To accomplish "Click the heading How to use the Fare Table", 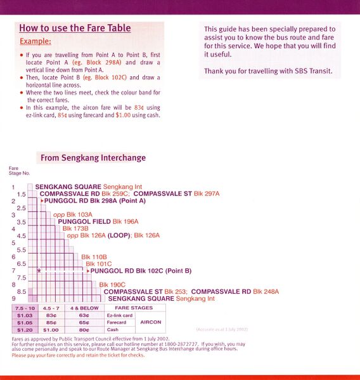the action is tap(75, 28).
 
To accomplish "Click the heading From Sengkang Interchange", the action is tap(93, 158).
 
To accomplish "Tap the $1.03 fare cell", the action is tap(25, 315).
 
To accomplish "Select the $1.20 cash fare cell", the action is tap(25, 329).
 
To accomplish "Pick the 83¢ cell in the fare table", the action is tap(53, 315).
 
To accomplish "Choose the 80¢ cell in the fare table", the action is tap(84, 329).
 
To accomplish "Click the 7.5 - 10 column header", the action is tap(25, 308).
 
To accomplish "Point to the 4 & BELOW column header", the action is tap(84, 308).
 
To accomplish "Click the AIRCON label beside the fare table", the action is tap(151, 322).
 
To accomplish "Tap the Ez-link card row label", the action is tap(120, 315).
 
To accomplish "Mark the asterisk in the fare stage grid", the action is tap(39, 271).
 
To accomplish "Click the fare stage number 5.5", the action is tap(21, 250).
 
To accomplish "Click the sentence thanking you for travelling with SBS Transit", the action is tap(268, 71).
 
